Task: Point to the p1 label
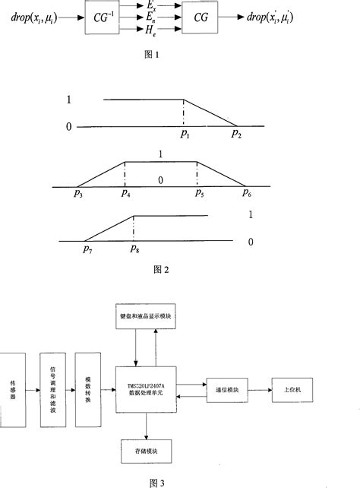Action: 184,135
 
